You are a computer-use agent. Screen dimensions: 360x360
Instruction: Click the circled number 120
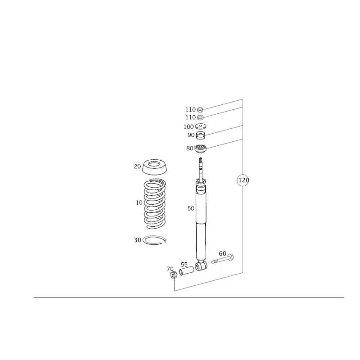click(242, 181)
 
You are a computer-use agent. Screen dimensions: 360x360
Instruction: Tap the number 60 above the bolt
click(221, 253)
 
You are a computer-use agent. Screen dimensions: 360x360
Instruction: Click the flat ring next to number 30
click(154, 240)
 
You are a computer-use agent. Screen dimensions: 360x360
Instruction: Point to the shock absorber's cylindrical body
click(201, 225)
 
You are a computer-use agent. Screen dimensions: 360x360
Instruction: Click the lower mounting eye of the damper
click(201, 266)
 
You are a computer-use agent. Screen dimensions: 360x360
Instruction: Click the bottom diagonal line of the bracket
click(207, 282)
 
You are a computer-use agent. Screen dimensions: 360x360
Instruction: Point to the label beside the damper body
click(189, 208)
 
